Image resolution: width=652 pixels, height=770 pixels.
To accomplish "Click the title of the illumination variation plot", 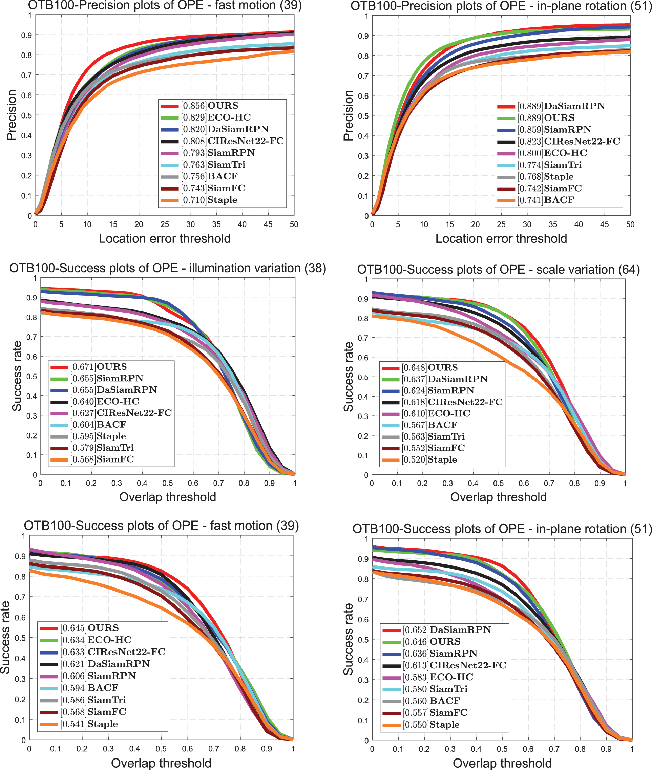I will [167, 268].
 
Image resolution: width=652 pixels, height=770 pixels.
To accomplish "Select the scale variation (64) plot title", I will [498, 269].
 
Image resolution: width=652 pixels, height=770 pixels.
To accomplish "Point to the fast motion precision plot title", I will [165, 5].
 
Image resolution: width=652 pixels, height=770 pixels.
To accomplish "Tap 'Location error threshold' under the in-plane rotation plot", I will [501, 239].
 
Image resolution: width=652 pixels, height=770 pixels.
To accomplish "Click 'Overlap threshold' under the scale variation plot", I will [498, 497].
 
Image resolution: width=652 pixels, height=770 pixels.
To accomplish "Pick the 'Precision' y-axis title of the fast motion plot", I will [12, 115].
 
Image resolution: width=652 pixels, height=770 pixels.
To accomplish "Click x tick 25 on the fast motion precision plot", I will [165, 224].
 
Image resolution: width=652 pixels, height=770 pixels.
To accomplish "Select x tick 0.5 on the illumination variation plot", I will [167, 483].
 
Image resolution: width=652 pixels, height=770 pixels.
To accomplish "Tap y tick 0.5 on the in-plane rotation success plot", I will [364, 640].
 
